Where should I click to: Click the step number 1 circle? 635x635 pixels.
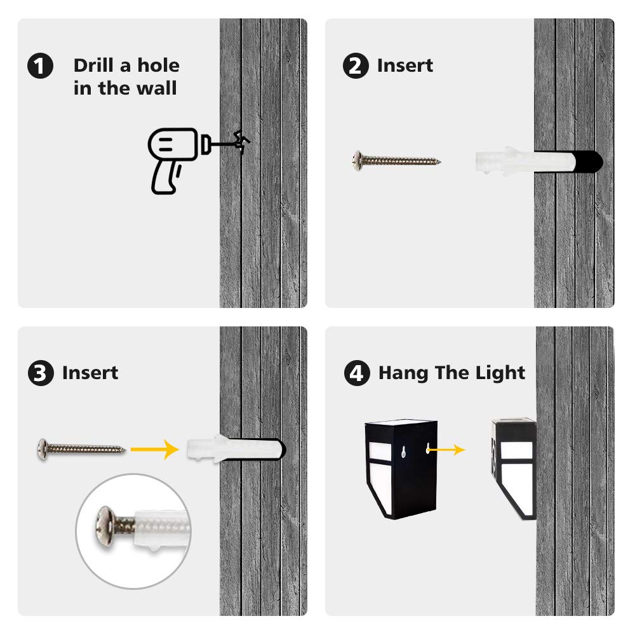point(41,66)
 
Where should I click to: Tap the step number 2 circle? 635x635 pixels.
point(356,66)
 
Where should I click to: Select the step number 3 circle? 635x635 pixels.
point(41,373)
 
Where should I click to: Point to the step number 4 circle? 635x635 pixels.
point(357,373)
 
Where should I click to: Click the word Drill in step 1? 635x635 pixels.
point(94,65)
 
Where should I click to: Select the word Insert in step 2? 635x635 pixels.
point(405,65)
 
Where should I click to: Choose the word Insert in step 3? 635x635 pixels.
point(90,373)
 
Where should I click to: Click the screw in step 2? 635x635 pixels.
point(396,160)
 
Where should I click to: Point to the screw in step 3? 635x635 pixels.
point(80,448)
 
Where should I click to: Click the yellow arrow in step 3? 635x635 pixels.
point(153,449)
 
